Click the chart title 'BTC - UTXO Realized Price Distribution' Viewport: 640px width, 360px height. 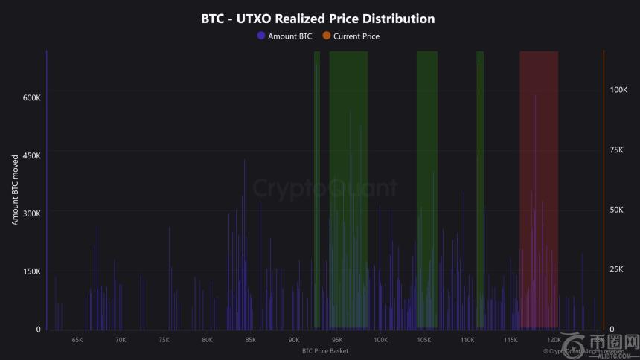(x=318, y=19)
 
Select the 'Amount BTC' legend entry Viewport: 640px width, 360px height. (x=289, y=36)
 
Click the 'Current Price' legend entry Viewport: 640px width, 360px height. (x=356, y=36)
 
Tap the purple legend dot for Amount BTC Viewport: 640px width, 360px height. (x=261, y=36)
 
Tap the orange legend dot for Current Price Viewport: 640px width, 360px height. (x=326, y=36)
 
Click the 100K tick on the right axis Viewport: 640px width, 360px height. (x=619, y=90)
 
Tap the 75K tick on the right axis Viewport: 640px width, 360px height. (x=617, y=150)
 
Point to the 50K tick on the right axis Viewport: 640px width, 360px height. (x=617, y=210)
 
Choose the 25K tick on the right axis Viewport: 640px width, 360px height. (x=617, y=269)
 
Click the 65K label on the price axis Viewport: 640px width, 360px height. (x=77, y=340)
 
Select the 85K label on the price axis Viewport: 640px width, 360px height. (x=250, y=340)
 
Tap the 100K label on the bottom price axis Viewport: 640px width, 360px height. (x=380, y=340)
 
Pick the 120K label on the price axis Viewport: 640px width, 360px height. (x=554, y=340)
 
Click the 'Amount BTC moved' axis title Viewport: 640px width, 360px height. (x=15, y=190)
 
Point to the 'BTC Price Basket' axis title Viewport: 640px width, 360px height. (x=325, y=350)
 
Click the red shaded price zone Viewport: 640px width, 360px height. (x=539, y=186)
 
